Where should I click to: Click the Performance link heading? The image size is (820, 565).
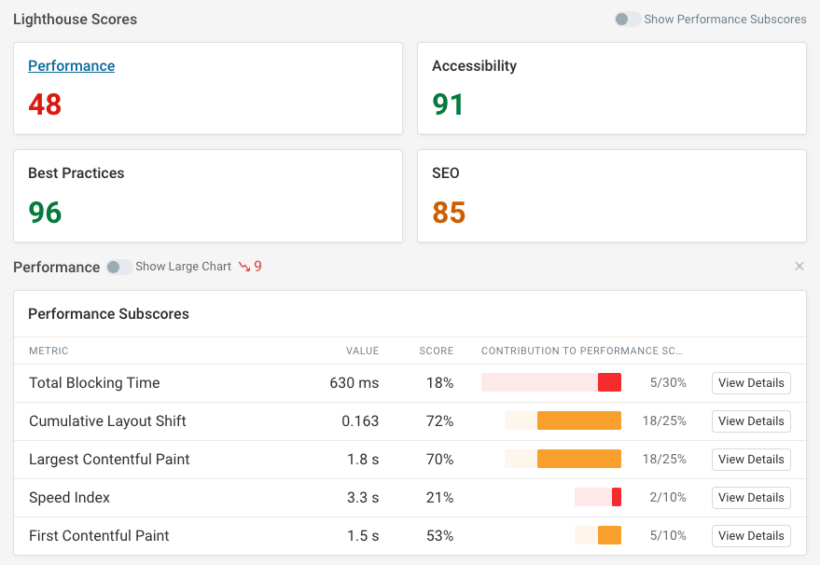72,66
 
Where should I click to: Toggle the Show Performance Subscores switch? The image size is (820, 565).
627,20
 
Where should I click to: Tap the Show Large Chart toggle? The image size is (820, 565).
118,267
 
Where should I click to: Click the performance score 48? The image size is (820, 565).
45,104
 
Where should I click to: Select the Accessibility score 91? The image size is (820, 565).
449,104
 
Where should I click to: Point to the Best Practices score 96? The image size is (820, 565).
45,213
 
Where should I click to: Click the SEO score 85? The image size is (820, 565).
449,213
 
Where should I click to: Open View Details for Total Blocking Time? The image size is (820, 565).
751,383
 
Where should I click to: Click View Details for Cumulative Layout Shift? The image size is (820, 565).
751,421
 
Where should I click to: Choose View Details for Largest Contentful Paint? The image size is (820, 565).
751,460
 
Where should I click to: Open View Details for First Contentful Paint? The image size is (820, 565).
751,536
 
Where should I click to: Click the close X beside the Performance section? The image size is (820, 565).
799,267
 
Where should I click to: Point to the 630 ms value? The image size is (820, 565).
354,383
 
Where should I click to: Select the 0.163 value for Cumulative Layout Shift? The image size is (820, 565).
360,421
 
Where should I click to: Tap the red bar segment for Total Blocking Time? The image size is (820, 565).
609,383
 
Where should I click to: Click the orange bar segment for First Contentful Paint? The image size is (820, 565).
609,536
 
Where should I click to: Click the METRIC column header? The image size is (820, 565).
49,351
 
